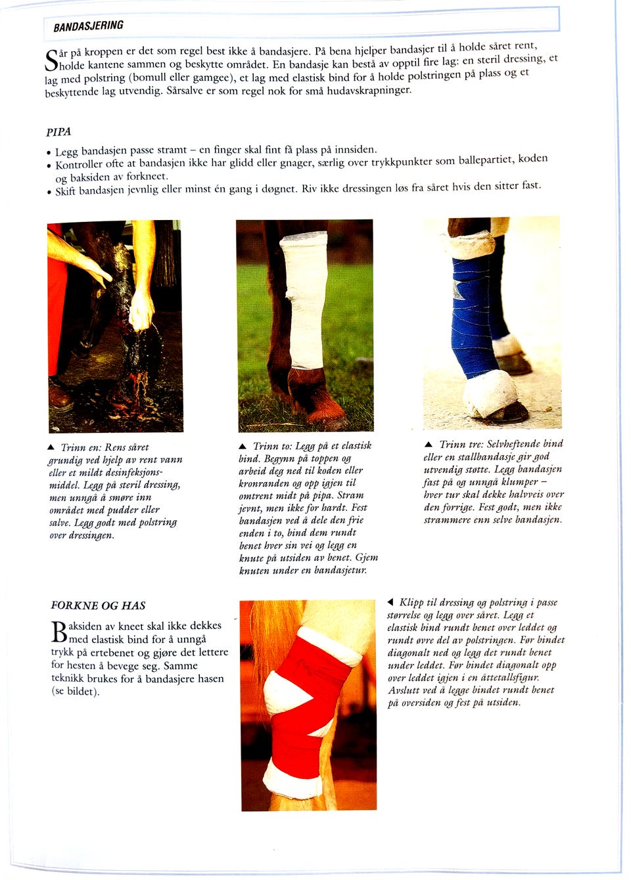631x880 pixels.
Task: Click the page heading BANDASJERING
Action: pyautogui.click(x=89, y=26)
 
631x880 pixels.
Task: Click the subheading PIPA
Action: pyautogui.click(x=58, y=131)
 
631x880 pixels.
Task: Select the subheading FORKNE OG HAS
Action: pyautogui.click(x=98, y=605)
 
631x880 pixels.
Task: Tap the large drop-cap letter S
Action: pyautogui.click(x=51, y=60)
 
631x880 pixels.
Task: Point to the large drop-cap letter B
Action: pyautogui.click(x=58, y=632)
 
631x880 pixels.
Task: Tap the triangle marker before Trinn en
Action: pyautogui.click(x=51, y=447)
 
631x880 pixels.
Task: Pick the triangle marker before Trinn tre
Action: pyautogui.click(x=429, y=445)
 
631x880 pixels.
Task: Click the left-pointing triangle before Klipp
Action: pyautogui.click(x=390, y=602)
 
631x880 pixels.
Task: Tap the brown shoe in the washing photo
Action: pyautogui.click(x=60, y=395)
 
